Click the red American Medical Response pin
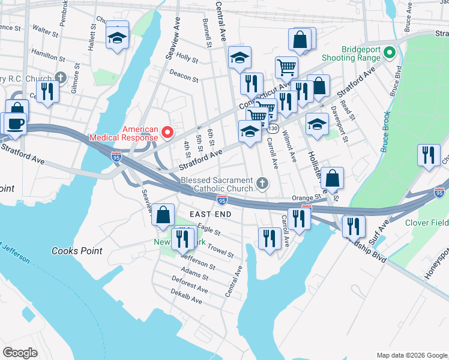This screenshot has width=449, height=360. tap(168, 132)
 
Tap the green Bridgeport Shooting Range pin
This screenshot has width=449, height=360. tap(389, 54)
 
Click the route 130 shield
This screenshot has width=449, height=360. tap(273, 129)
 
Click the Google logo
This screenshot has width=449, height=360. tap(20, 353)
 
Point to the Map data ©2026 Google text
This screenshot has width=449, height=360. tap(411, 355)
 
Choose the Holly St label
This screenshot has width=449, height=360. tap(187, 59)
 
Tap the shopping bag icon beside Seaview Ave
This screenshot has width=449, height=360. tap(163, 214)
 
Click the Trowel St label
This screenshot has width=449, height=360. tap(220, 251)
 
